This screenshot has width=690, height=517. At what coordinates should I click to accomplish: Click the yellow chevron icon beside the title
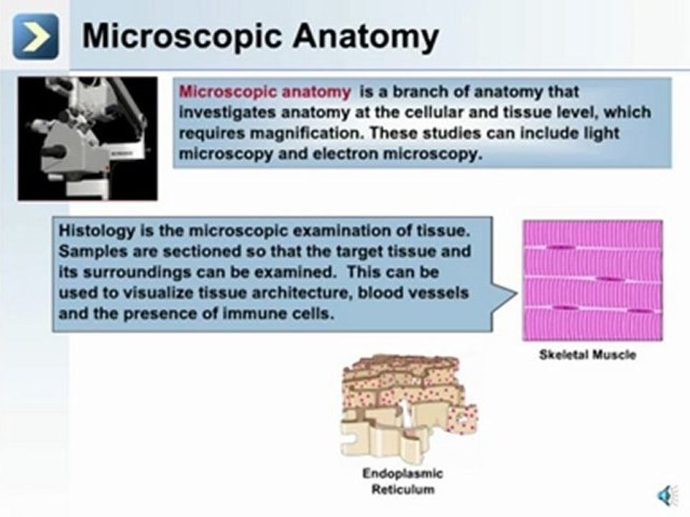click(35, 37)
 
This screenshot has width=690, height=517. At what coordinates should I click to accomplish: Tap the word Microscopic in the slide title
click(182, 37)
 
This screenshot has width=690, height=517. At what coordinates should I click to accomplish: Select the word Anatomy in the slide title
click(366, 37)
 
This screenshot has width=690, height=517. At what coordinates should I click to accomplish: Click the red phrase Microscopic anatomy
click(265, 92)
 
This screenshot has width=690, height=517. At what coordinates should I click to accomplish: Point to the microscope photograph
click(88, 139)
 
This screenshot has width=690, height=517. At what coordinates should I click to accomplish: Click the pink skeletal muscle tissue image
click(592, 281)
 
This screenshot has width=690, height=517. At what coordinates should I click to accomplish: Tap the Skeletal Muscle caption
click(587, 355)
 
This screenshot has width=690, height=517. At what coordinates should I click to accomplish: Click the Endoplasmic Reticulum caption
click(402, 481)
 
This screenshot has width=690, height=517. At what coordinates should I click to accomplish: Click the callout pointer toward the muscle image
click(505, 294)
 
